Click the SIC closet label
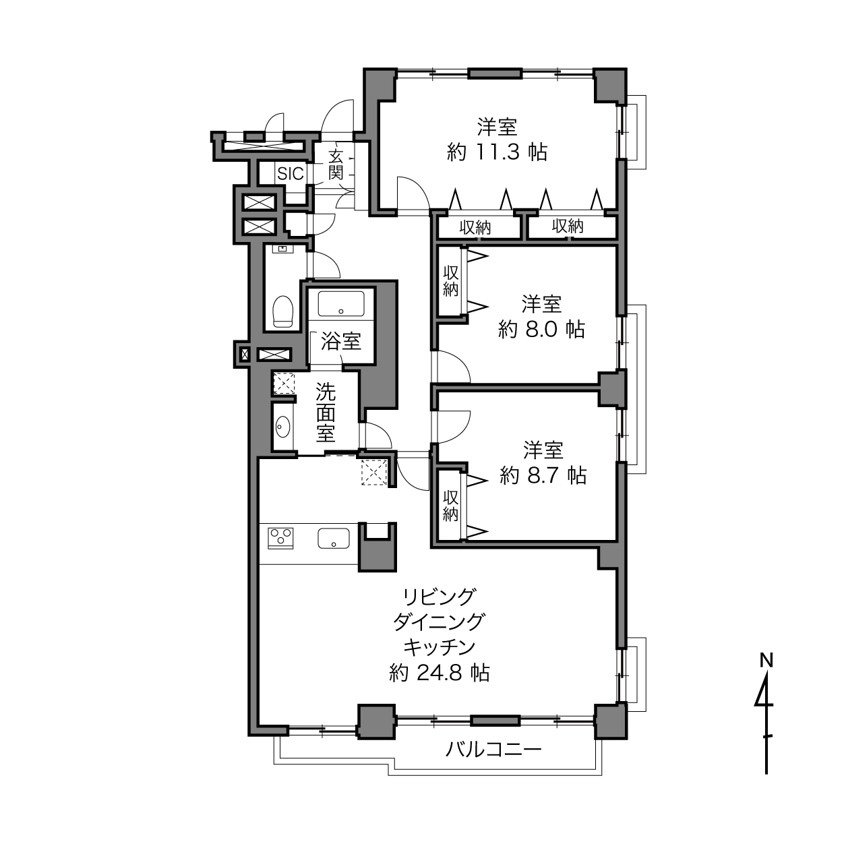point(291,173)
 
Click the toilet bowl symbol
point(282,311)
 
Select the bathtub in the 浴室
point(340,304)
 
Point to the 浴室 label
point(341,341)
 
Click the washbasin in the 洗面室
point(283,427)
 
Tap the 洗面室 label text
point(326,412)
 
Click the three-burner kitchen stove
point(281,538)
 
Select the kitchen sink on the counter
point(333,539)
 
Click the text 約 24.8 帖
point(440,673)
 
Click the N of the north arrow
point(766,660)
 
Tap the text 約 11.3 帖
point(497,152)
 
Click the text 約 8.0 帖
point(541,330)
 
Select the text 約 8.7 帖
point(543,476)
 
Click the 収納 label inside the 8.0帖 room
point(450,281)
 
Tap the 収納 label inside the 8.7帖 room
point(450,506)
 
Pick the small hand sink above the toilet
point(282,249)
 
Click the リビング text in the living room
point(440,597)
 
